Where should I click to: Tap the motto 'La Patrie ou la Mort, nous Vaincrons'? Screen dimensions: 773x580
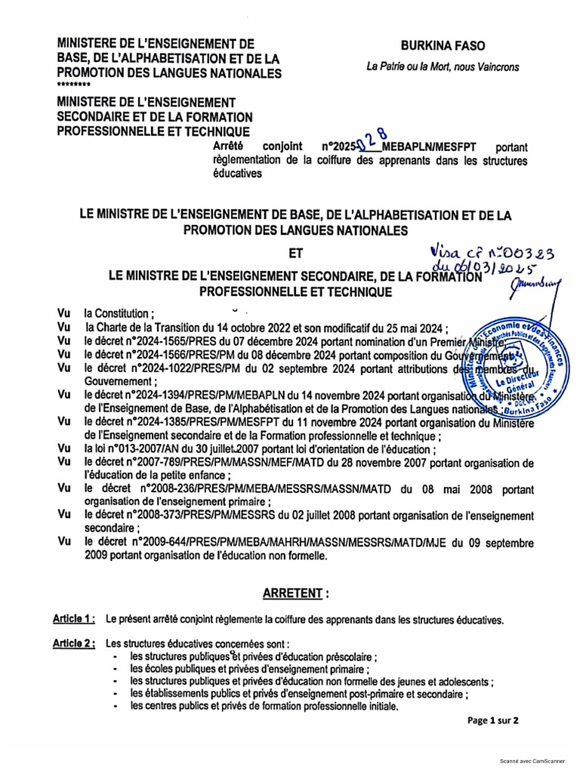pos(443,67)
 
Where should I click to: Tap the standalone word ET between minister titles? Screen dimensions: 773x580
pos(296,254)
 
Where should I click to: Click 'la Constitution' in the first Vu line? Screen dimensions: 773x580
pos(119,314)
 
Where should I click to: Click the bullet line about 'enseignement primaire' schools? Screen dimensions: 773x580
pos(250,669)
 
